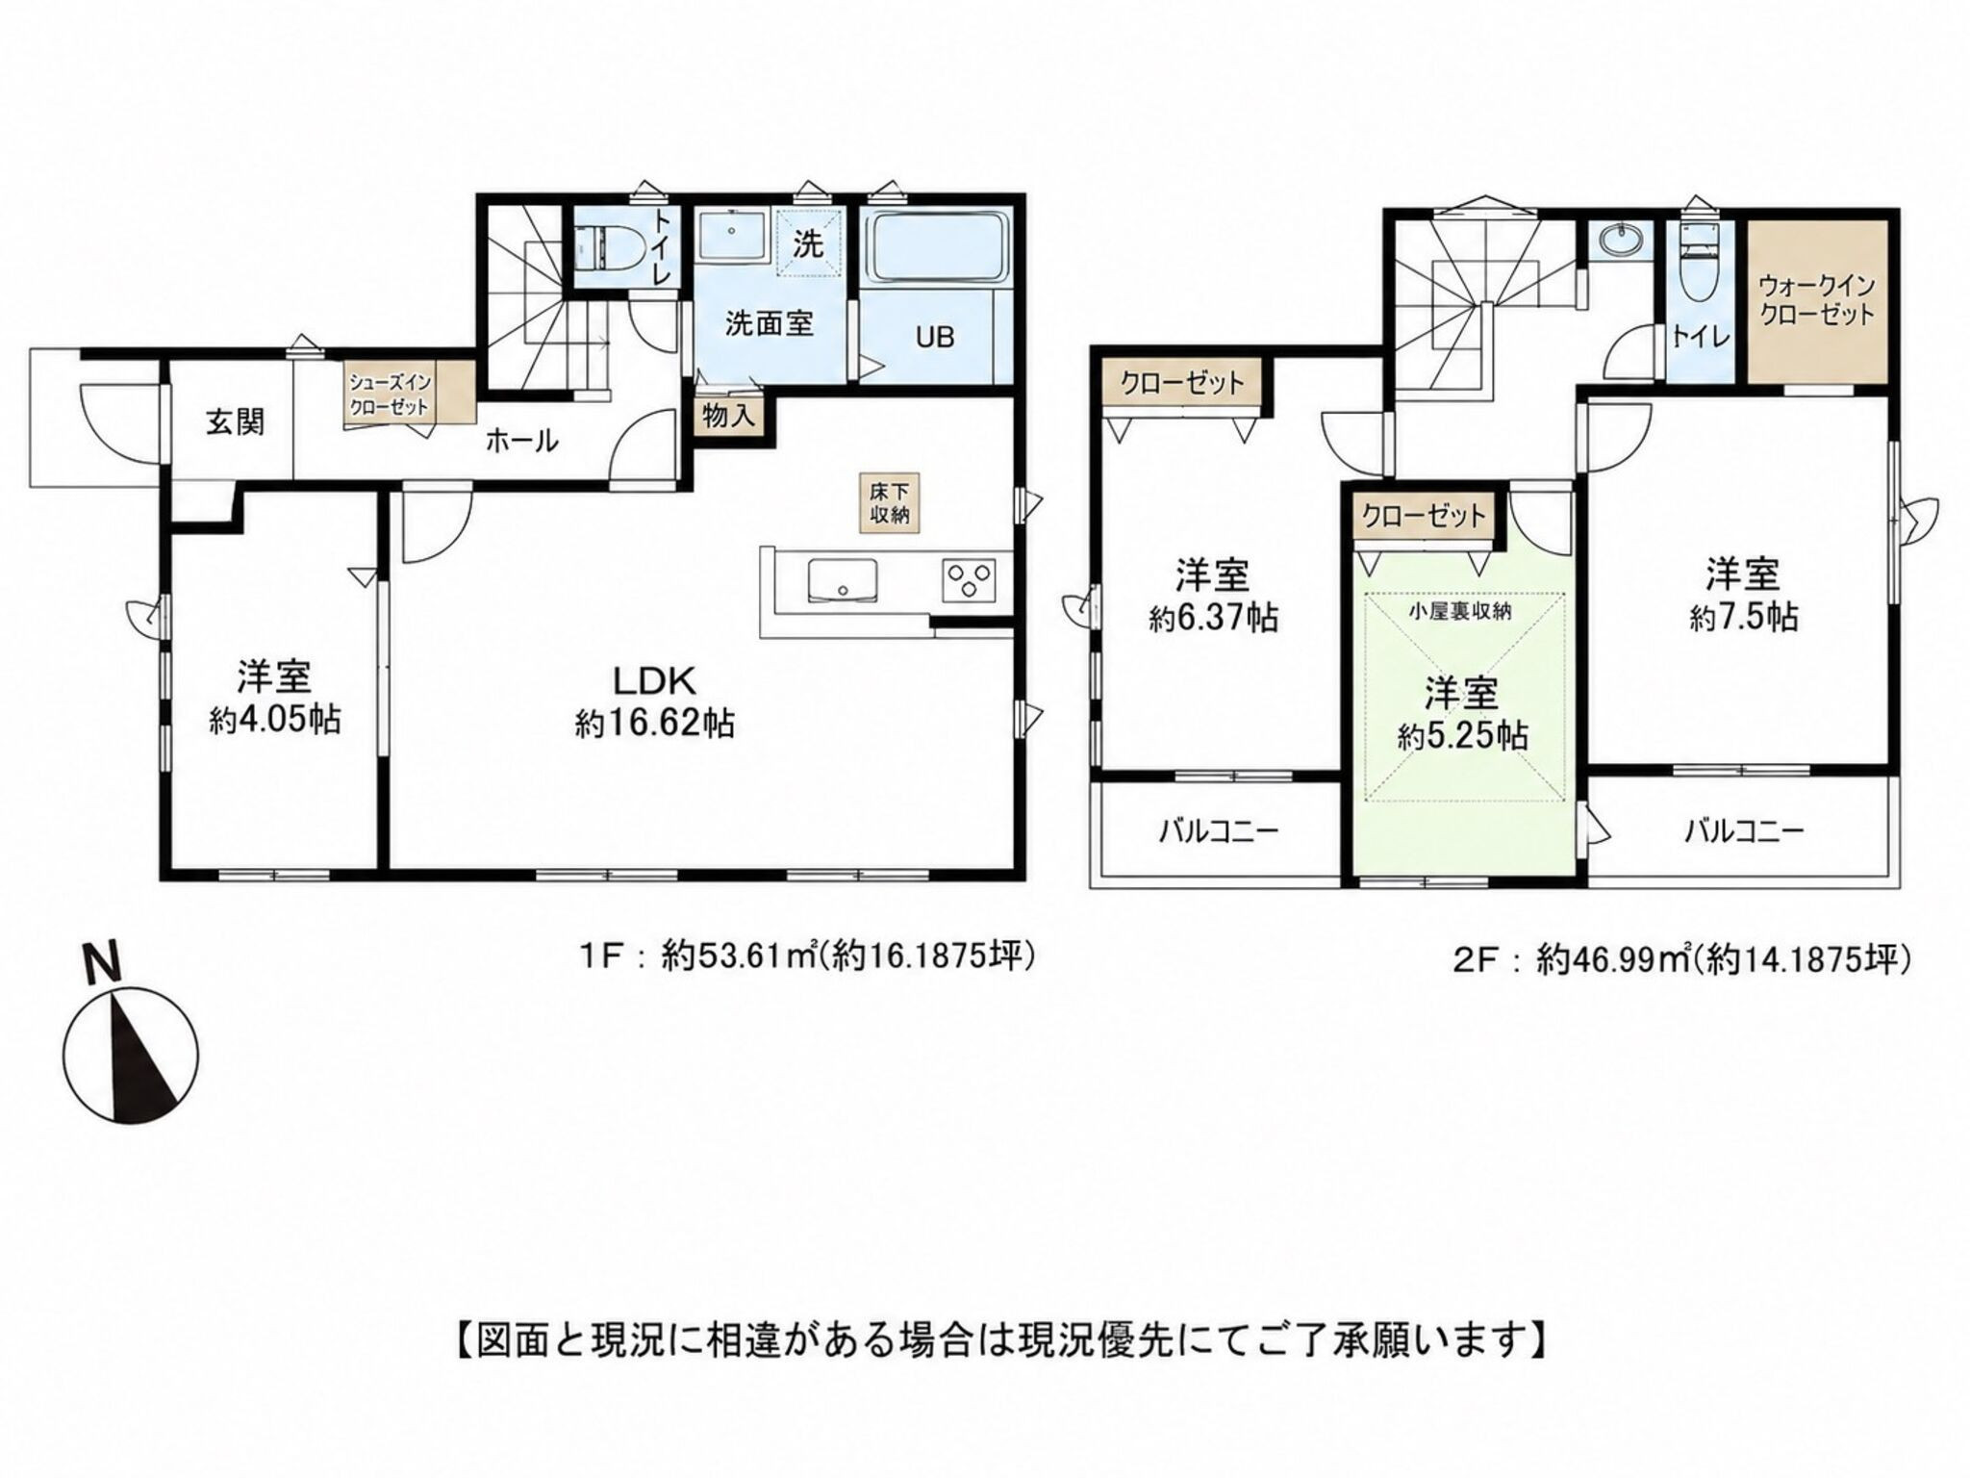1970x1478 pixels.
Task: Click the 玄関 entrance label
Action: [235, 422]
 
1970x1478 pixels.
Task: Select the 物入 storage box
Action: [728, 416]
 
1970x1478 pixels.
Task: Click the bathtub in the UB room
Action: [936, 248]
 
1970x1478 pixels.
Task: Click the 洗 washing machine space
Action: [809, 242]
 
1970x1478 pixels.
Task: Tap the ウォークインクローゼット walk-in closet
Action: [1817, 300]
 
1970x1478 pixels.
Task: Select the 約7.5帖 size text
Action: [1743, 617]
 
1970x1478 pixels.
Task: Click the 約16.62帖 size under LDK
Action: [655, 724]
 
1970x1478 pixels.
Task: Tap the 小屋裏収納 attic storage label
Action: [1459, 611]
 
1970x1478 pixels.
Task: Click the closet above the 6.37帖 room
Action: [1182, 383]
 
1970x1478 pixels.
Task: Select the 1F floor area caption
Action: [805, 956]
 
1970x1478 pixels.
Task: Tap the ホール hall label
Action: [520, 442]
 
